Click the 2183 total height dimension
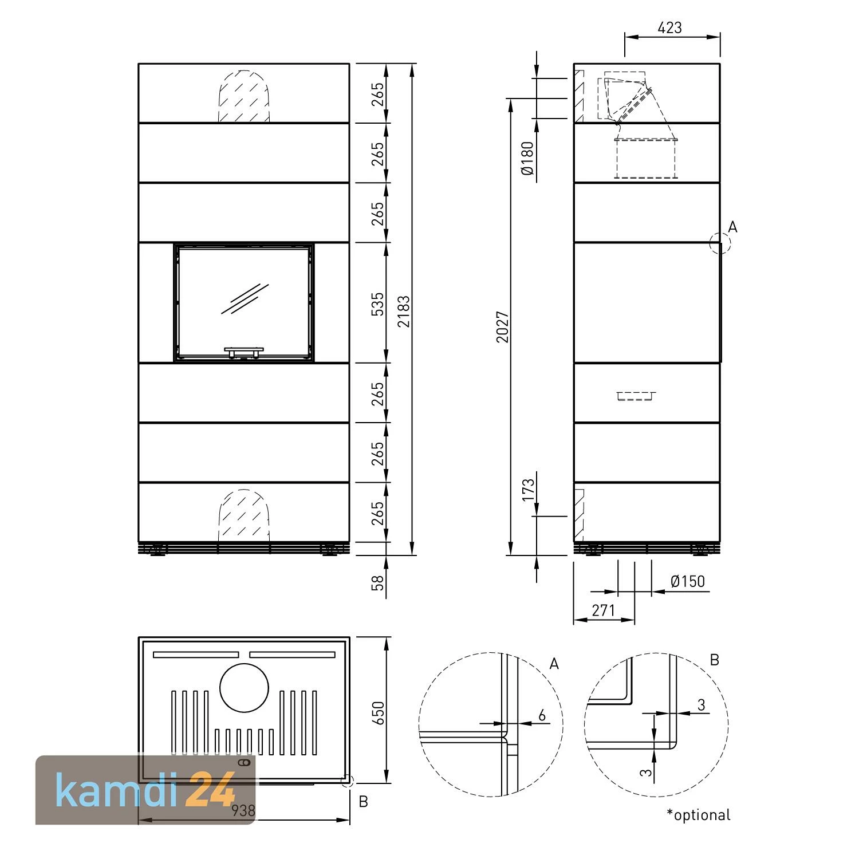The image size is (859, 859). (404, 311)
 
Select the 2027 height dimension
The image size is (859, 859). (503, 327)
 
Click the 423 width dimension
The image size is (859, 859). (670, 27)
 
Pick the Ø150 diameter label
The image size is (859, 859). (687, 582)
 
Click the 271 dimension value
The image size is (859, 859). (604, 610)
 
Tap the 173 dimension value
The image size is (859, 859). (527, 491)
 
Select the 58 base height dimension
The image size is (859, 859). (378, 583)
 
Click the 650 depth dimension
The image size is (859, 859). (378, 714)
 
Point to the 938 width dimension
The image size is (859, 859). (244, 810)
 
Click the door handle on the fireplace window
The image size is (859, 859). (244, 350)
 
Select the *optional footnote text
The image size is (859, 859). (699, 814)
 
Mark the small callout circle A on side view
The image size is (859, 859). (719, 243)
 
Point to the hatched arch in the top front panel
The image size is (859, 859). (244, 97)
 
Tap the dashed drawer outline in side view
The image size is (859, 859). (636, 395)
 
